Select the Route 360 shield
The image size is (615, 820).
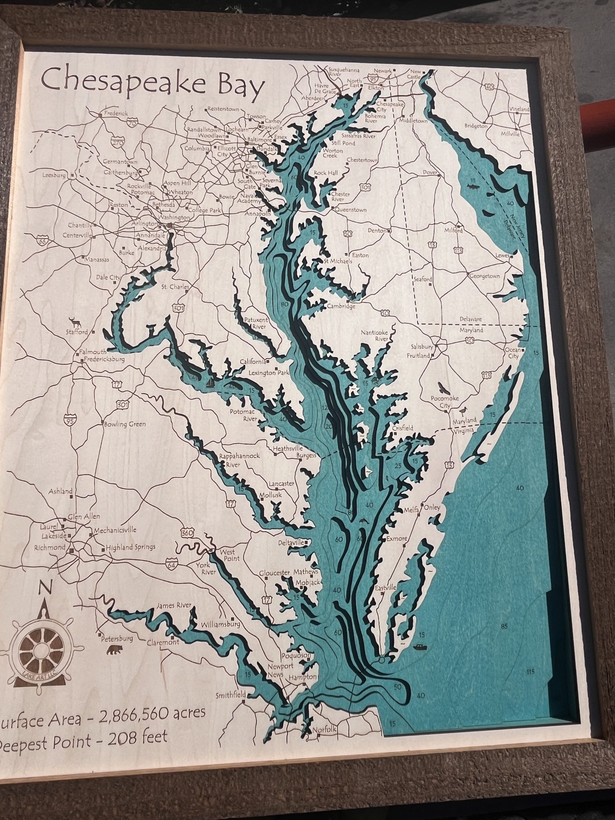click(187, 533)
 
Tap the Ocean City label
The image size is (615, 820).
click(513, 353)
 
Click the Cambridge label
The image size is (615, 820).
click(341, 306)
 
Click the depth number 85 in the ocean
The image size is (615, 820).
click(504, 627)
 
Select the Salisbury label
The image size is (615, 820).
click(422, 347)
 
